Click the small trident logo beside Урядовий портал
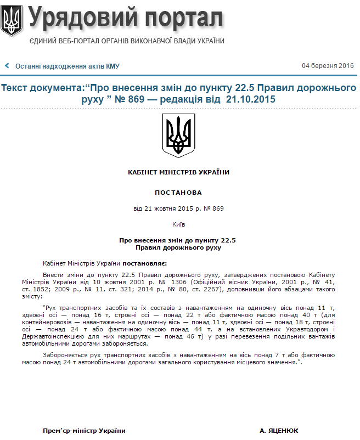click(x=12, y=21)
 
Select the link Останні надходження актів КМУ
click(x=67, y=66)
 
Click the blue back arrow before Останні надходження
click(x=7, y=66)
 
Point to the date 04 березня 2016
click(x=328, y=66)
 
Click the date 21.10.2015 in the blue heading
click(x=250, y=99)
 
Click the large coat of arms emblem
click(x=178, y=136)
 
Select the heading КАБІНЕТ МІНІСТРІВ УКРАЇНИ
click(x=178, y=172)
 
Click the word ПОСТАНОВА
click(x=178, y=193)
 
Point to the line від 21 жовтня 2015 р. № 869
click(x=178, y=208)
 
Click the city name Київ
click(x=178, y=224)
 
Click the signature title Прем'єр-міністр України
click(x=84, y=431)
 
